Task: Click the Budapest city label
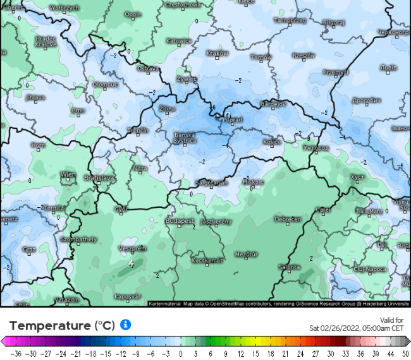click(180, 221)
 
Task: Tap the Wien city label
click(68, 174)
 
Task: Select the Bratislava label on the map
click(100, 178)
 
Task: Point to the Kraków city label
click(217, 53)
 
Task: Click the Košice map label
click(272, 142)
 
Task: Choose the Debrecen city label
click(287, 219)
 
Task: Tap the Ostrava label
click(147, 68)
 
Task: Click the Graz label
click(29, 249)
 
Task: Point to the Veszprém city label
click(133, 249)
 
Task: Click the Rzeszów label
click(304, 56)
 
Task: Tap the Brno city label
click(78, 111)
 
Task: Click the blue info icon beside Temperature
click(125, 325)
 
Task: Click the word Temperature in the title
click(50, 326)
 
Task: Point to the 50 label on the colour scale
click(405, 354)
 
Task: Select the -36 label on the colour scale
click(16, 354)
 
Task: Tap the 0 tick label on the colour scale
click(181, 354)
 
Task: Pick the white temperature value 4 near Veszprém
click(131, 263)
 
